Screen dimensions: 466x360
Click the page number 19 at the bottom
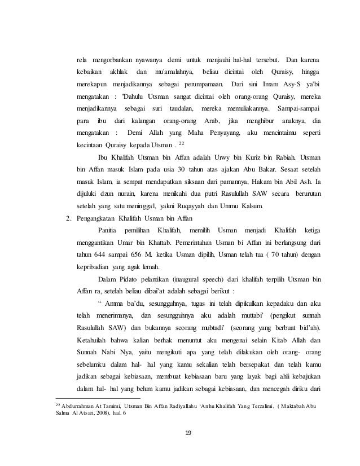coord(180,433)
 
